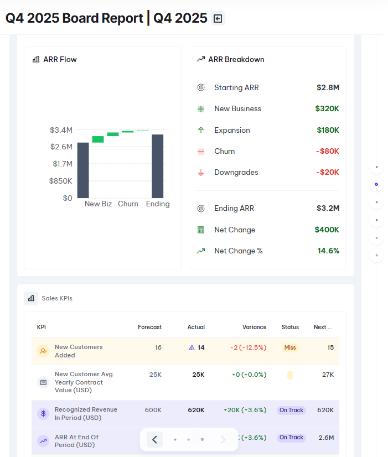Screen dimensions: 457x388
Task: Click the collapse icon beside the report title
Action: pos(218,18)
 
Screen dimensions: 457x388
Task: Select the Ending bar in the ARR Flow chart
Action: pos(157,166)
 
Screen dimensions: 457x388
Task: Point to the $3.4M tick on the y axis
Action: pos(61,130)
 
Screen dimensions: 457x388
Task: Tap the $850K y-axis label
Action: pos(60,181)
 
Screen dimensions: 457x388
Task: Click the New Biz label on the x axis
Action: pos(98,204)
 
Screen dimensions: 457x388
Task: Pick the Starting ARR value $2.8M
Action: pos(328,87)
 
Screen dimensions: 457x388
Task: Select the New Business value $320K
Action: pos(327,108)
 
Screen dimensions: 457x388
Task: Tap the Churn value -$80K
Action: pos(327,151)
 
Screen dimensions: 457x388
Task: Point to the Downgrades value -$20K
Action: pos(327,172)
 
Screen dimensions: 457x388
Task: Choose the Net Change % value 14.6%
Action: pos(328,251)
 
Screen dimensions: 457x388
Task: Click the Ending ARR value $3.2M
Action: pos(328,208)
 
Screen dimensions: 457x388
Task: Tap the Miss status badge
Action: pos(289,347)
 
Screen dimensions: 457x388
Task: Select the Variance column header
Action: pos(254,327)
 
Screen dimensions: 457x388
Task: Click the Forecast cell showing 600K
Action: pos(153,410)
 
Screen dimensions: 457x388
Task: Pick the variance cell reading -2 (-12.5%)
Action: pos(248,347)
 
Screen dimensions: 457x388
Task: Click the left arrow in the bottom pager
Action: pos(154,439)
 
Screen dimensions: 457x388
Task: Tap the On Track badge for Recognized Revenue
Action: pos(291,411)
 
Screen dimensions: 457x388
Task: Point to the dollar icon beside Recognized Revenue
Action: pos(43,413)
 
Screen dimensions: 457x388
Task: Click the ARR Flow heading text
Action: pos(60,59)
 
